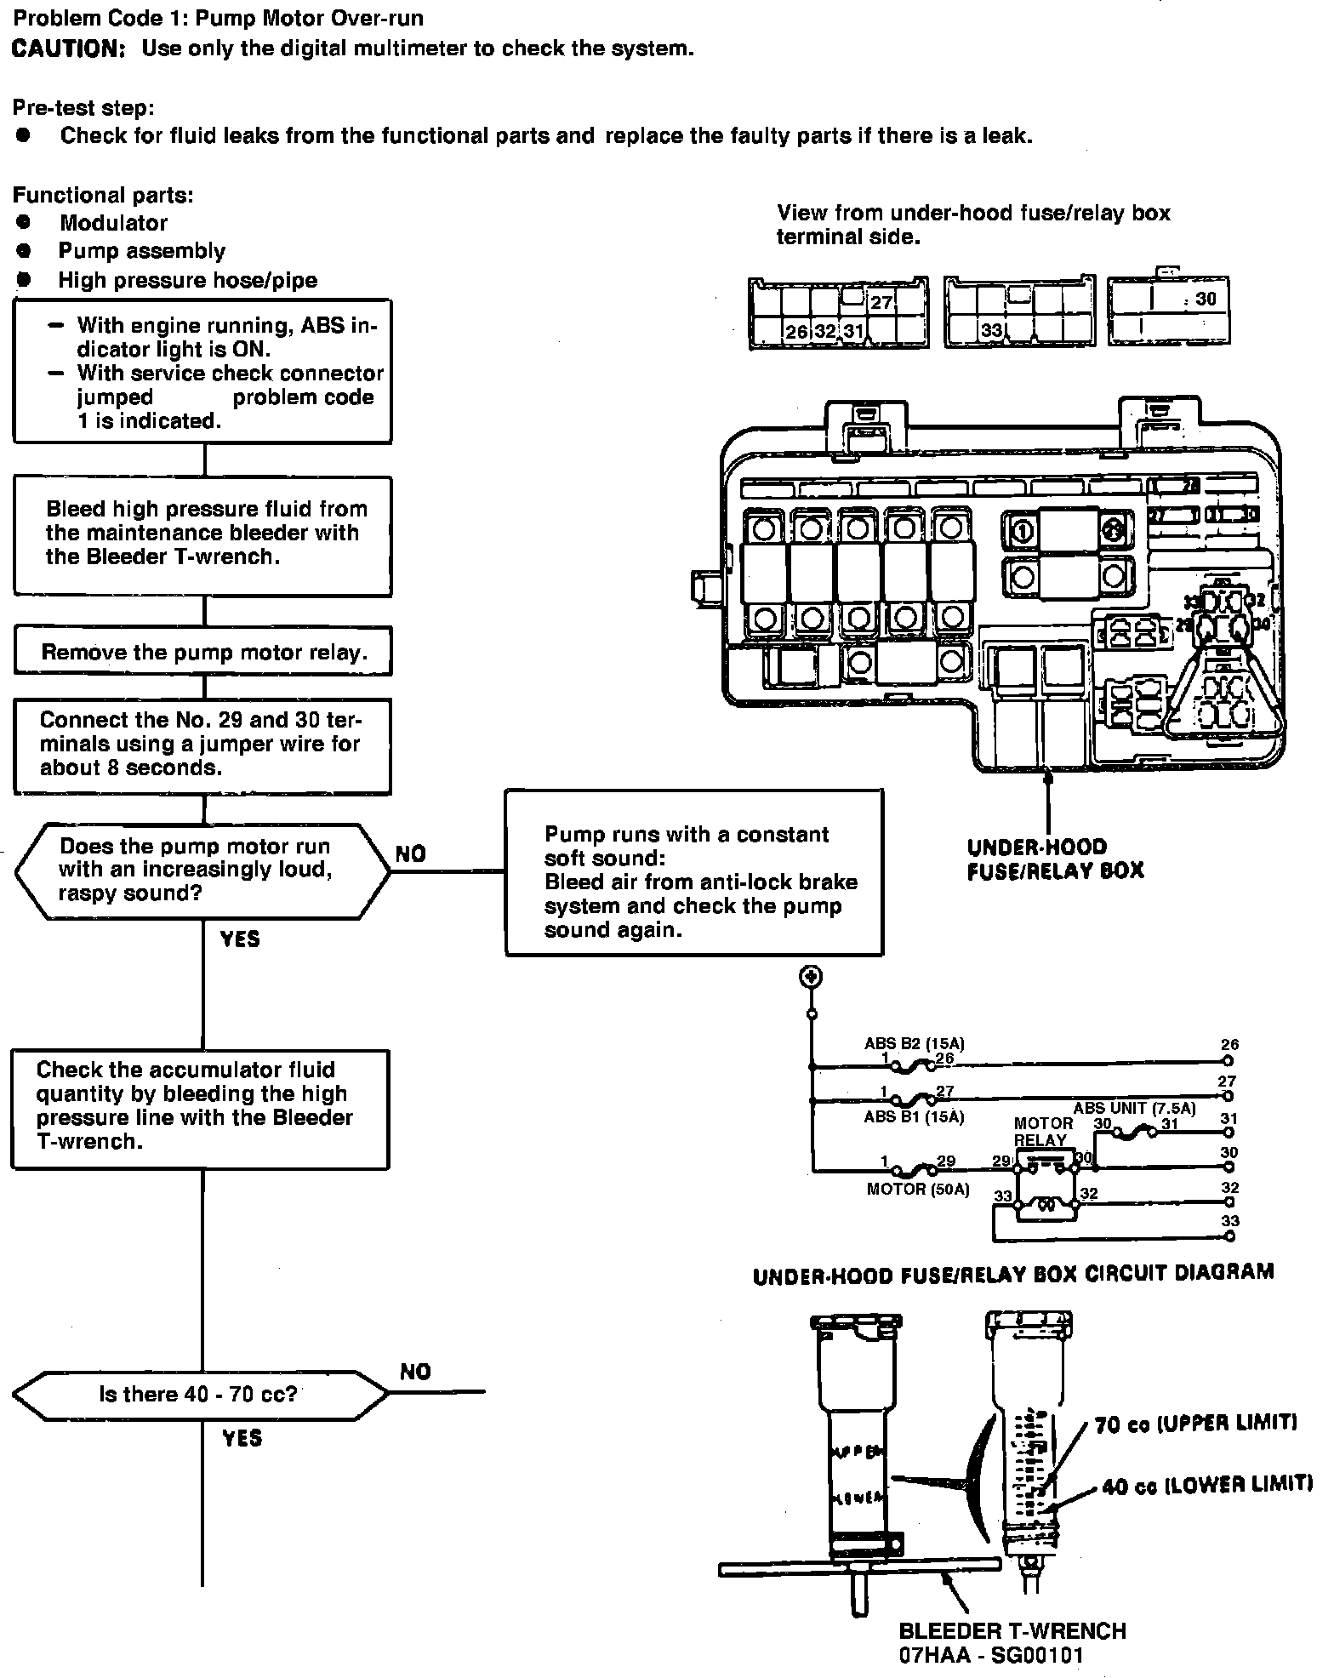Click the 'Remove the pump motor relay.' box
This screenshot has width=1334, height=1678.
click(203, 652)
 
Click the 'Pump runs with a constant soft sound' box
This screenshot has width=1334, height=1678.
click(694, 872)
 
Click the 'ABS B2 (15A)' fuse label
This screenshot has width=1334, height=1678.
click(914, 1044)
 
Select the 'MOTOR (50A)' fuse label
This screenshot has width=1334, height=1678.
click(917, 1190)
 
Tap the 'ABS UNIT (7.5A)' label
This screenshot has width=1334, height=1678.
click(1134, 1109)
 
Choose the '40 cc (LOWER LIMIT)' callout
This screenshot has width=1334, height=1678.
click(1206, 1486)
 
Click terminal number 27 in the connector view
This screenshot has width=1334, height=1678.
click(881, 302)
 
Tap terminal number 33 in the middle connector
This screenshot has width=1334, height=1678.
click(991, 330)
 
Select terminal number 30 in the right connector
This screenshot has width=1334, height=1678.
click(1206, 299)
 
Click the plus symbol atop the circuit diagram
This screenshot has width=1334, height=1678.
click(812, 977)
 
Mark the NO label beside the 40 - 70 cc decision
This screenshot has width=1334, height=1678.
click(415, 1372)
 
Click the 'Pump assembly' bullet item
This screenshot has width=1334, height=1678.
click(141, 251)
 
